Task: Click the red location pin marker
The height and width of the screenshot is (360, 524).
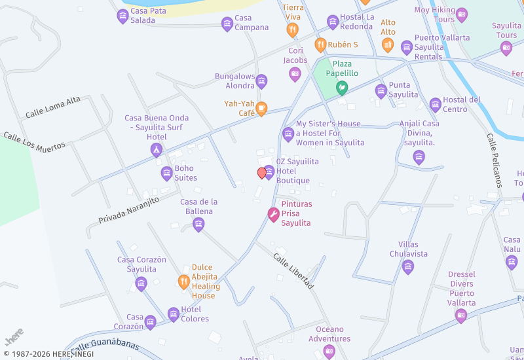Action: click(262, 173)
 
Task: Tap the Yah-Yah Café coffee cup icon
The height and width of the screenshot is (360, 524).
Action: click(261, 109)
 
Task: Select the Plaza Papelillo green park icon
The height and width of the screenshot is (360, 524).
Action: click(341, 86)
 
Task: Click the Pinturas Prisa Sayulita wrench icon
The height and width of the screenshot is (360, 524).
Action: click(273, 214)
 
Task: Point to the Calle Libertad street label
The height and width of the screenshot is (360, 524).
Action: click(293, 271)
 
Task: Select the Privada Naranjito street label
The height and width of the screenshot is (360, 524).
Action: click(129, 209)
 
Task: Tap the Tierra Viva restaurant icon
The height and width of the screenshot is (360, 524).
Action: click(292, 29)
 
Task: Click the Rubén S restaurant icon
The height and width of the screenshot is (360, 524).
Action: click(320, 45)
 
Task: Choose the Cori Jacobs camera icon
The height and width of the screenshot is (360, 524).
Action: click(295, 74)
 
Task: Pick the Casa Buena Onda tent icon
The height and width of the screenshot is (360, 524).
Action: click(156, 151)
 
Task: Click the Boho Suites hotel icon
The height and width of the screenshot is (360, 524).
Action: click(166, 173)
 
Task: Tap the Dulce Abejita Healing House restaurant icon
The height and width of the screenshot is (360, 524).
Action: click(184, 282)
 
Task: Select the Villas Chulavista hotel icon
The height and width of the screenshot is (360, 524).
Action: click(408, 266)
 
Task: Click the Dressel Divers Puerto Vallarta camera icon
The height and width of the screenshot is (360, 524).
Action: click(461, 315)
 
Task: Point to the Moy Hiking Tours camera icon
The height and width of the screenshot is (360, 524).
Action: click(462, 14)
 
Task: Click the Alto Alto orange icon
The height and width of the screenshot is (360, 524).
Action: click(388, 45)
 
